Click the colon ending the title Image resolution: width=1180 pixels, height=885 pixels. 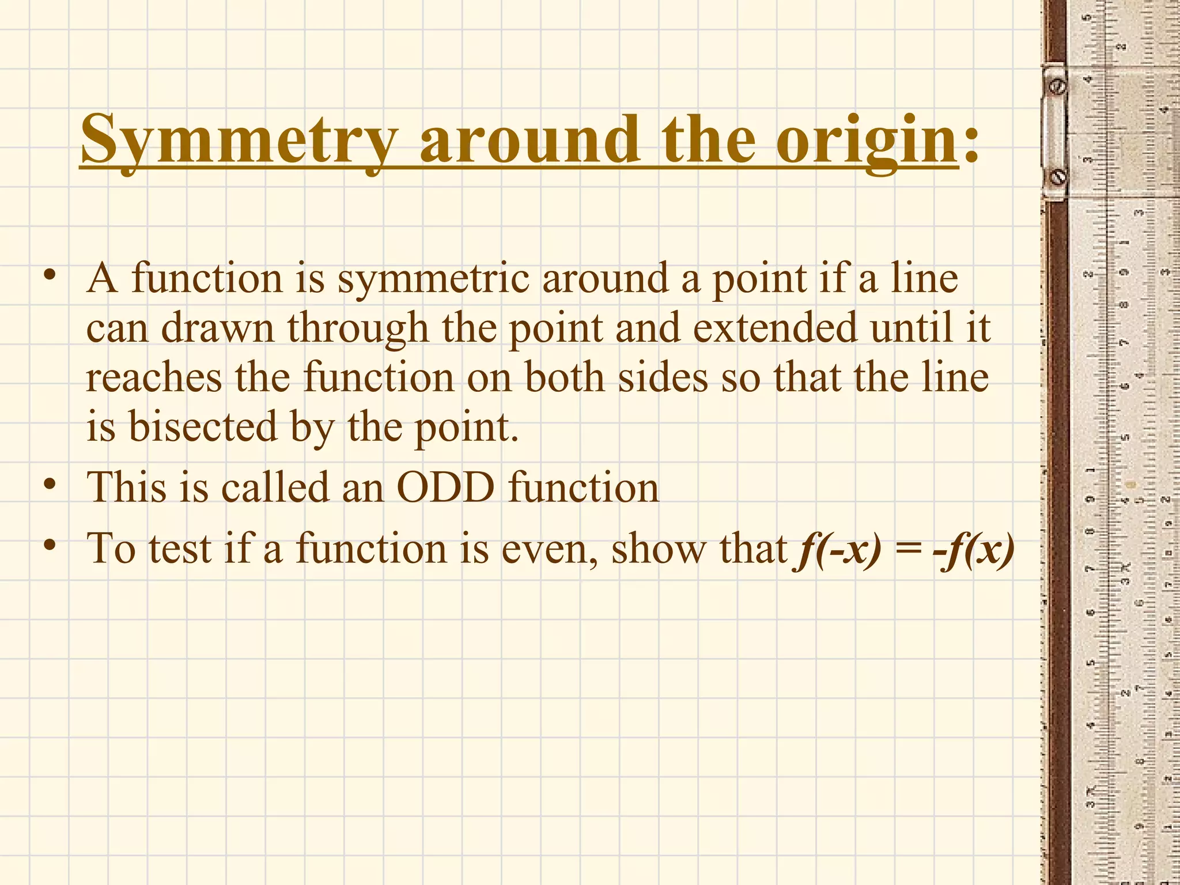click(970, 144)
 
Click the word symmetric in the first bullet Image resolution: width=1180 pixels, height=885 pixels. click(433, 280)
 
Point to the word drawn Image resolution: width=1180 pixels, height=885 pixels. click(217, 328)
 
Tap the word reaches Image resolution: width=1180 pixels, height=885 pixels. click(154, 378)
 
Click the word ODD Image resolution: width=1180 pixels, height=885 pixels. click(445, 487)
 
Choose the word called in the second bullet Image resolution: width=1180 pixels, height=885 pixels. click(275, 487)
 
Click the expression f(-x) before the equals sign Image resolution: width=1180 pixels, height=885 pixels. click(838, 549)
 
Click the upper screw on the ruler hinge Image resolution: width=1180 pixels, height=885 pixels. click(1058, 86)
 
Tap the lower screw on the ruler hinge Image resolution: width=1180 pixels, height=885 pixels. click(1058, 177)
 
